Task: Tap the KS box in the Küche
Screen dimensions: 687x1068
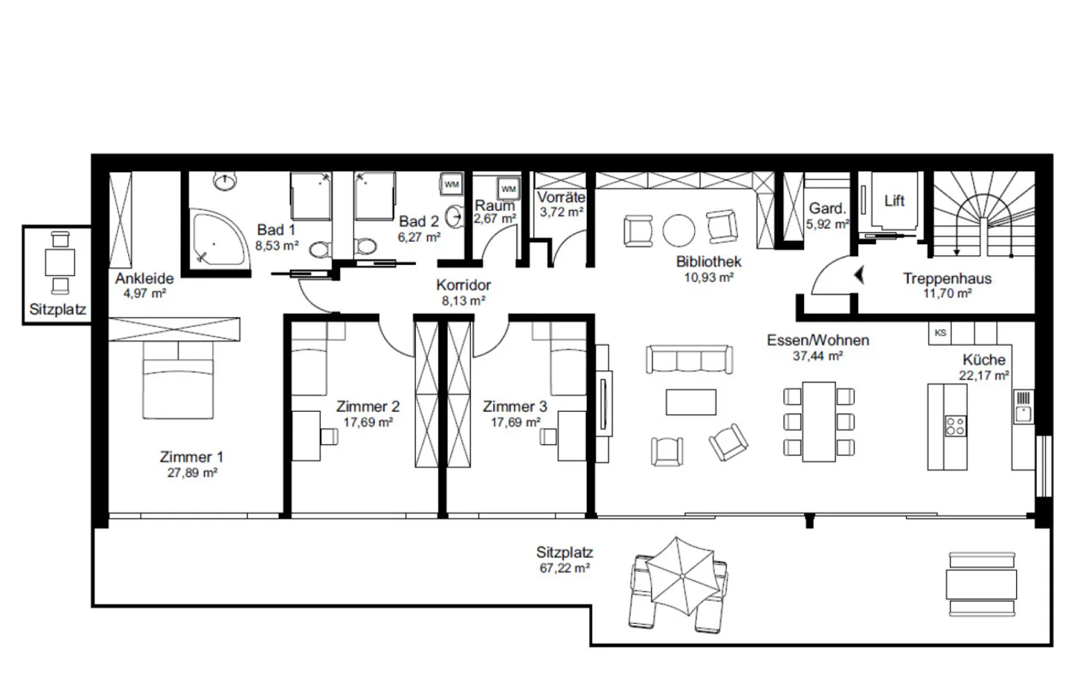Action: click(x=940, y=333)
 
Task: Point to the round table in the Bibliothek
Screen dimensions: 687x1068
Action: click(x=679, y=230)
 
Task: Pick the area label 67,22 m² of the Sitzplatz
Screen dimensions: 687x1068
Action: click(x=564, y=568)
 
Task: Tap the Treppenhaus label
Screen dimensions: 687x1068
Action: click(x=947, y=279)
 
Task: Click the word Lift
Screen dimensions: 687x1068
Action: click(x=894, y=200)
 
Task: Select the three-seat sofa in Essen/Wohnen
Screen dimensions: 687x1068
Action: click(x=690, y=360)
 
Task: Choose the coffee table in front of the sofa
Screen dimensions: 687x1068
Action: click(x=690, y=402)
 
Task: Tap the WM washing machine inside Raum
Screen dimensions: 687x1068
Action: click(x=508, y=189)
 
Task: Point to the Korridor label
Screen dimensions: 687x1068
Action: click(x=464, y=285)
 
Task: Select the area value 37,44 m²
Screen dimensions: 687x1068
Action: click(x=817, y=356)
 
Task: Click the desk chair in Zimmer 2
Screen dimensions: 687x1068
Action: click(x=329, y=435)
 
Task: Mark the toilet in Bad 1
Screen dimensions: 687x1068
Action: click(x=319, y=250)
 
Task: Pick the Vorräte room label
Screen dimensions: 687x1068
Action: click(x=561, y=197)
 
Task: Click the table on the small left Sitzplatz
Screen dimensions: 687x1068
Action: click(x=58, y=263)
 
